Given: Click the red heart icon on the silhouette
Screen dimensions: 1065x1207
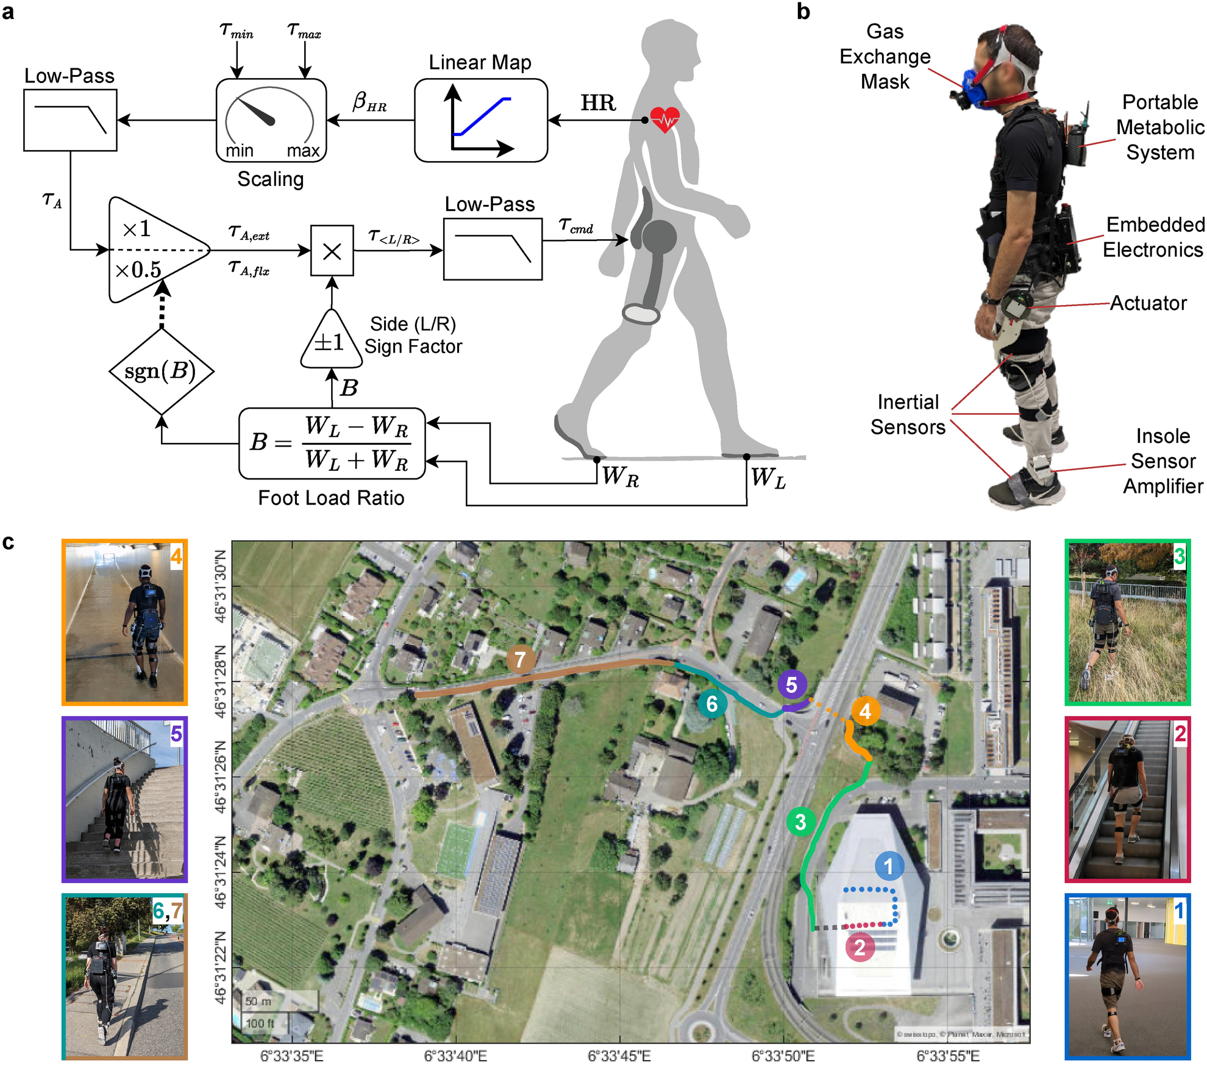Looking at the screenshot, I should tap(664, 119).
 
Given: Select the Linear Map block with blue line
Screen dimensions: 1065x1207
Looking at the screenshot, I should tap(480, 120).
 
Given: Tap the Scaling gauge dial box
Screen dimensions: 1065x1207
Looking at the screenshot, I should tap(271, 120).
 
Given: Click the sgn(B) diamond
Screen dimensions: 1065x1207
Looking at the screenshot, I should tap(162, 371).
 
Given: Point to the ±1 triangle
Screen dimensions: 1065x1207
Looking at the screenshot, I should tap(331, 342).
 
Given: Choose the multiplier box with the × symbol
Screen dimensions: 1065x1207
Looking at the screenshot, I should tap(332, 251).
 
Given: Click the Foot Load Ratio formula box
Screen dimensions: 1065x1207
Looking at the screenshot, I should tap(332, 443).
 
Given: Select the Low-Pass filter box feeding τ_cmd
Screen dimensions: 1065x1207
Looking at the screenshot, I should tap(493, 249).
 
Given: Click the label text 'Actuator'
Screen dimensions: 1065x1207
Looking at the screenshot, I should tap(1148, 303).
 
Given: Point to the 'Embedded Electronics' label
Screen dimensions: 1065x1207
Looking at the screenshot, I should tap(1153, 237).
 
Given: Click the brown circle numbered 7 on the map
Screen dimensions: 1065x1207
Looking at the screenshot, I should tap(520, 659).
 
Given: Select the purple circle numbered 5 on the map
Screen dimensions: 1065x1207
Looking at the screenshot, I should tap(791, 685).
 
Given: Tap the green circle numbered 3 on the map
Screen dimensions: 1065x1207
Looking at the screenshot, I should tap(800, 822).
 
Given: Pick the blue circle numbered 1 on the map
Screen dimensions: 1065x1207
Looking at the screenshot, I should tap(888, 866).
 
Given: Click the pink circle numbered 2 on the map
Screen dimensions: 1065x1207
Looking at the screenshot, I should tap(860, 947).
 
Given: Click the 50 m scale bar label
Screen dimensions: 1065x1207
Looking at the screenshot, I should tap(258, 1001).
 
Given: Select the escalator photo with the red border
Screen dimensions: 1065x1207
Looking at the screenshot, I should tap(1127, 800).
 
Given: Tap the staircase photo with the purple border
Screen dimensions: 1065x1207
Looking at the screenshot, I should tap(124, 800).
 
